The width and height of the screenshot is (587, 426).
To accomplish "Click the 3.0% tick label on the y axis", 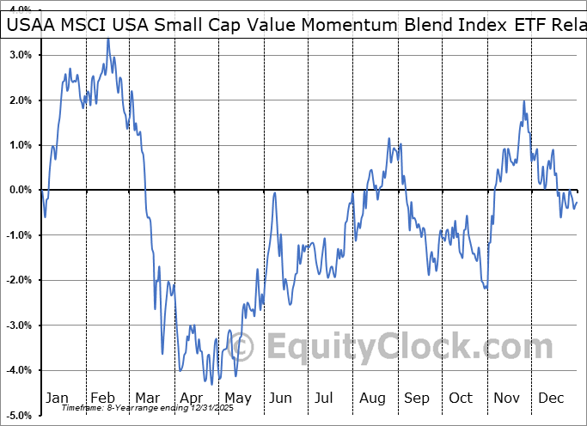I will point(20,55).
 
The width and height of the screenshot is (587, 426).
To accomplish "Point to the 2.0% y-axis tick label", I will point(20,100).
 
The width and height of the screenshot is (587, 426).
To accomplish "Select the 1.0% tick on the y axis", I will point(20,145).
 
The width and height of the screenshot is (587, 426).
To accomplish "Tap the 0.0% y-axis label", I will point(20,190).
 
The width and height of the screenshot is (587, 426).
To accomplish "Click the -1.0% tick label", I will point(18,235).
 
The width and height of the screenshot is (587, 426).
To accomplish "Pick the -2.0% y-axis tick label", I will point(18,280).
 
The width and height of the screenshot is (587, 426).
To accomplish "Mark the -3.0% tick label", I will point(18,326).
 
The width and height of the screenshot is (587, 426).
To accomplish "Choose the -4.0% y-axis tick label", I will point(18,370).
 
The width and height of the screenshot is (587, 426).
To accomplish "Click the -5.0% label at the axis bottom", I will point(18,415).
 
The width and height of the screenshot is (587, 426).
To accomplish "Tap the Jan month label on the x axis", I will point(57,398).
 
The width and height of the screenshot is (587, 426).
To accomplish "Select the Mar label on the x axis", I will point(147,398).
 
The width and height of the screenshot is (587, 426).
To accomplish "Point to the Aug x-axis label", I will point(371,398).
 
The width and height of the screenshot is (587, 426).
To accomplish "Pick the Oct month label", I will point(462,398).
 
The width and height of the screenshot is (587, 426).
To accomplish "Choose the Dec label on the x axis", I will point(551,398).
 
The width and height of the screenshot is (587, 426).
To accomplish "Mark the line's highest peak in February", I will point(108,39).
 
